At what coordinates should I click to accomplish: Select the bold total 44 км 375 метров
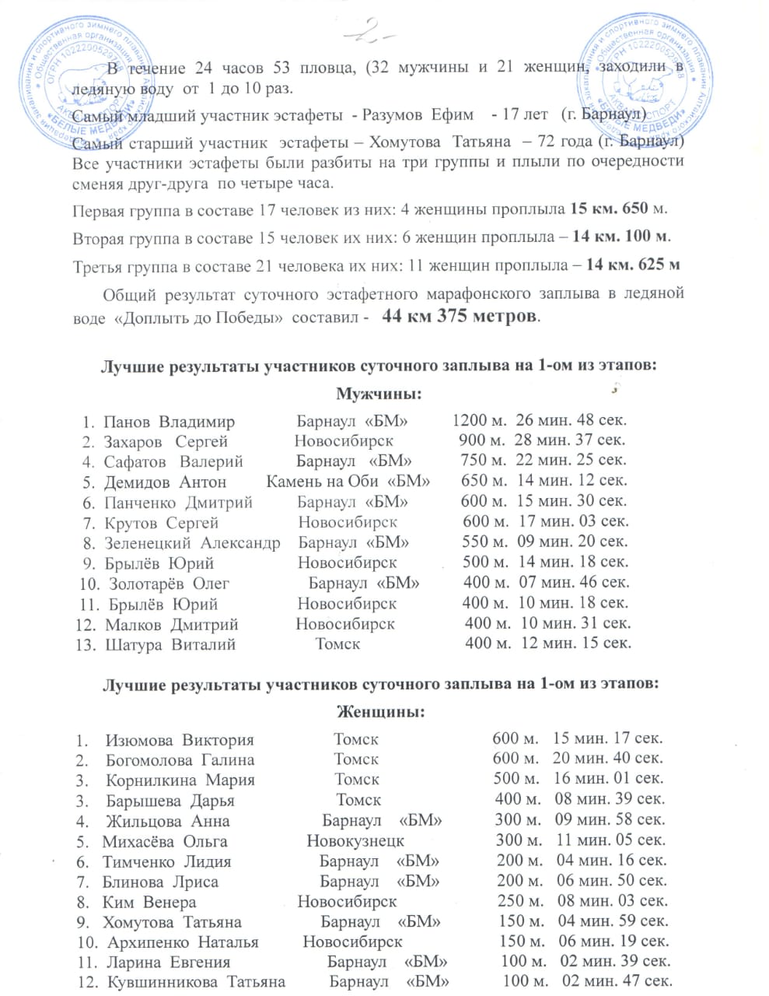click(460, 317)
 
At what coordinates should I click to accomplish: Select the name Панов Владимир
click(170, 423)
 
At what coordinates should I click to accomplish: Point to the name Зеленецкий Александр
click(192, 542)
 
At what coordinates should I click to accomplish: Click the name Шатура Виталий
click(170, 644)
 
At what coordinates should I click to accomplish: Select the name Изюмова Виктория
click(180, 740)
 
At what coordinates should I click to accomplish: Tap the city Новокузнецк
click(355, 841)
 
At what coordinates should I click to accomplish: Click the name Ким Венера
click(149, 902)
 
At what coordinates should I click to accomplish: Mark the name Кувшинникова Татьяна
click(196, 982)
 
